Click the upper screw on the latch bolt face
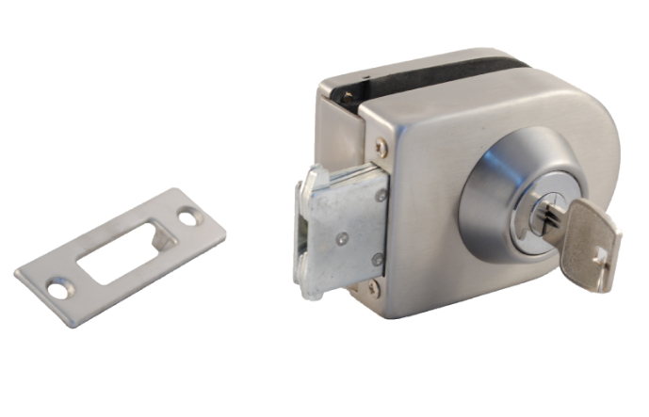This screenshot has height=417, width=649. (x=381, y=196)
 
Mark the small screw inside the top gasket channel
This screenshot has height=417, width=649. (x=349, y=93)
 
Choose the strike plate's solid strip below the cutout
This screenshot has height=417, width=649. (x=141, y=278)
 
